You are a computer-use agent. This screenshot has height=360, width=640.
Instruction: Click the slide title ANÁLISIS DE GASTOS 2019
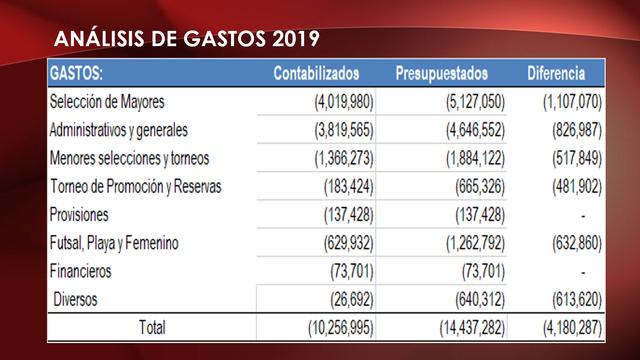tap(187, 40)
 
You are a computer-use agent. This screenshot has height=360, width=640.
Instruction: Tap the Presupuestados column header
tap(441, 74)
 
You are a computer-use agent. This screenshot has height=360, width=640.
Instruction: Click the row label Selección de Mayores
tap(107, 102)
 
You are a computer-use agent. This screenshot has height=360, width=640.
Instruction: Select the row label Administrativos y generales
tap(119, 130)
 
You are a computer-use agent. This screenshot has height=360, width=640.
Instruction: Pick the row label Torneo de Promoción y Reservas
tap(135, 187)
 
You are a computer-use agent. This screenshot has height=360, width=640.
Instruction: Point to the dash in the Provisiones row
tap(582, 215)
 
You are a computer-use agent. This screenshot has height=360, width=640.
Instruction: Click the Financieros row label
tap(80, 271)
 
